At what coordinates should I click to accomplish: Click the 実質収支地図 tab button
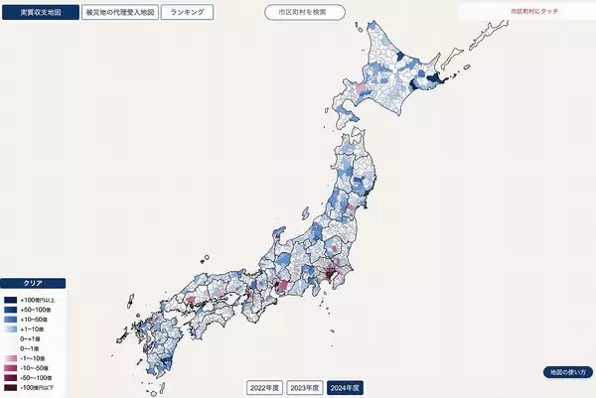[41, 13]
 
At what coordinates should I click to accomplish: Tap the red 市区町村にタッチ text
[533, 10]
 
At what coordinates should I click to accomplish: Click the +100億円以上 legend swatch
[10, 299]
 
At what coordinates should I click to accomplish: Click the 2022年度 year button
[265, 386]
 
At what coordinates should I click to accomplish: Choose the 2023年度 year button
[305, 386]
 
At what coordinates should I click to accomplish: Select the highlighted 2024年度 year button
[346, 386]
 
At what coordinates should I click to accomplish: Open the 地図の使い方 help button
[567, 371]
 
